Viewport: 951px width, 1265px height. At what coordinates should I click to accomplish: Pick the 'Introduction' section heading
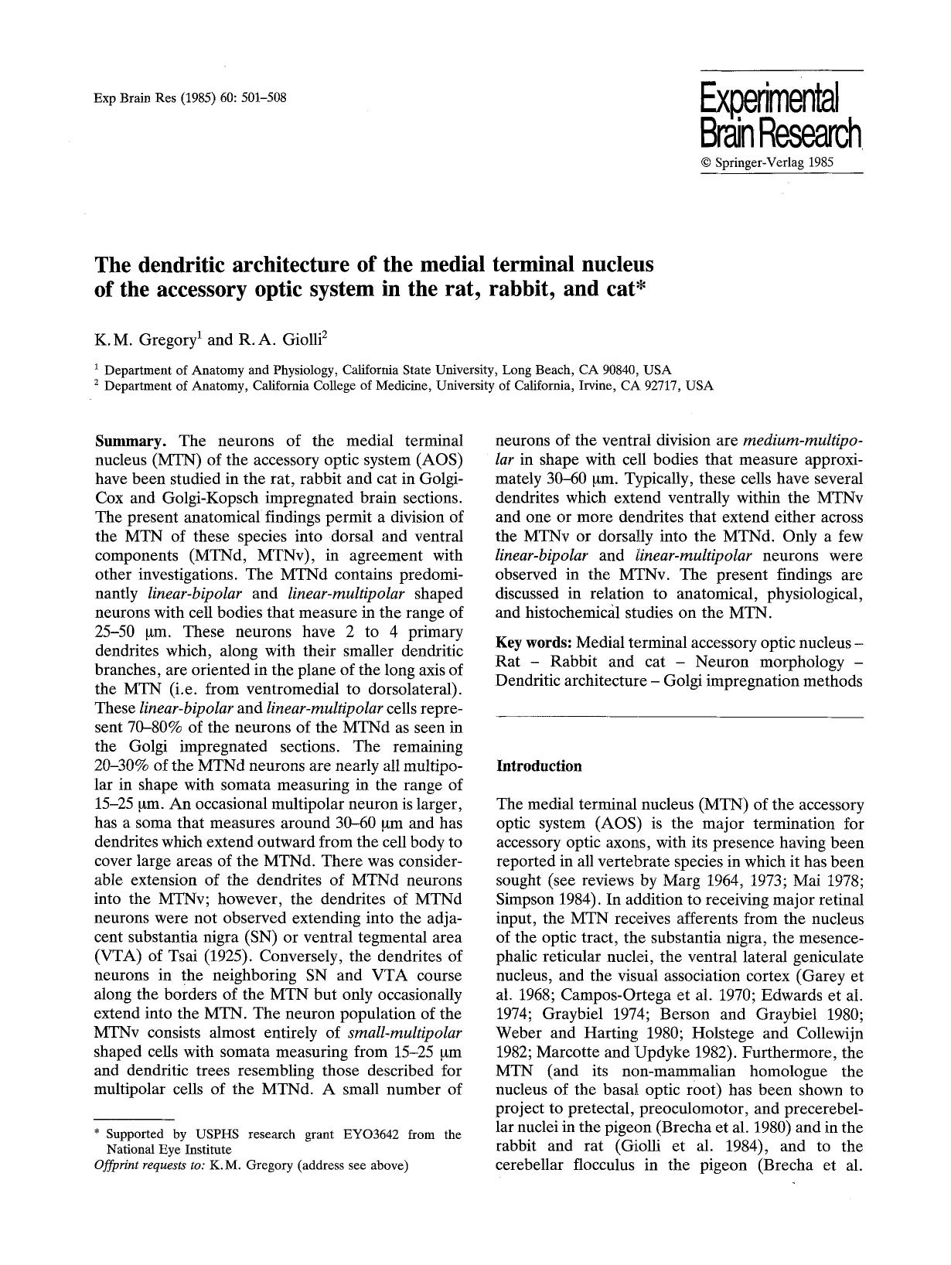click(538, 766)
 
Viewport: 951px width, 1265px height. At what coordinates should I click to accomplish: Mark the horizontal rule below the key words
click(678, 718)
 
